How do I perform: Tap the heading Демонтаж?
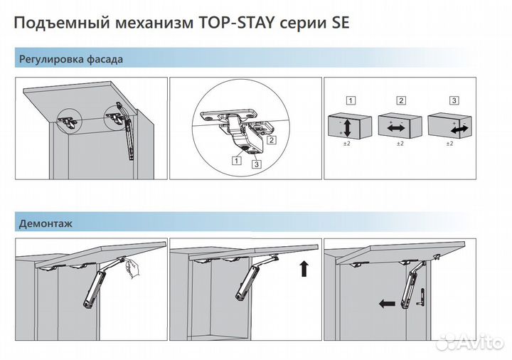point(46,223)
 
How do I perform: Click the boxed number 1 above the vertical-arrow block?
point(351,100)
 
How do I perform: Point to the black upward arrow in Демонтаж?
point(304,269)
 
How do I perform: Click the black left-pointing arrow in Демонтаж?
point(388,303)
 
